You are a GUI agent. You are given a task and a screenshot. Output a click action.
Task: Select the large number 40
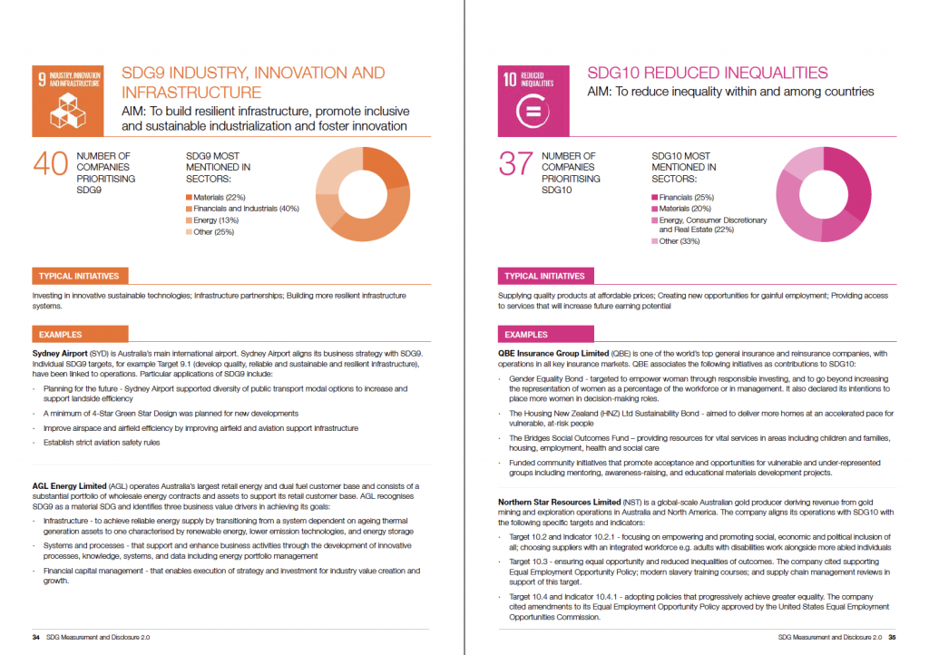pyautogui.click(x=51, y=165)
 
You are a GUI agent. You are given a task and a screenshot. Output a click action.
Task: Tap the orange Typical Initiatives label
pyautogui.click(x=78, y=276)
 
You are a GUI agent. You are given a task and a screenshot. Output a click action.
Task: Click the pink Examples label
pyautogui.click(x=526, y=335)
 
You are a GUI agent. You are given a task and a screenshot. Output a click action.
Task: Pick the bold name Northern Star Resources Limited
pyautogui.click(x=560, y=502)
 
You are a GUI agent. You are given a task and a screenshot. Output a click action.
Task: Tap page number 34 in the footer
pyautogui.click(x=36, y=637)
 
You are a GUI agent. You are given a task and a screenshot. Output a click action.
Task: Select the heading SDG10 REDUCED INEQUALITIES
pyautogui.click(x=708, y=73)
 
